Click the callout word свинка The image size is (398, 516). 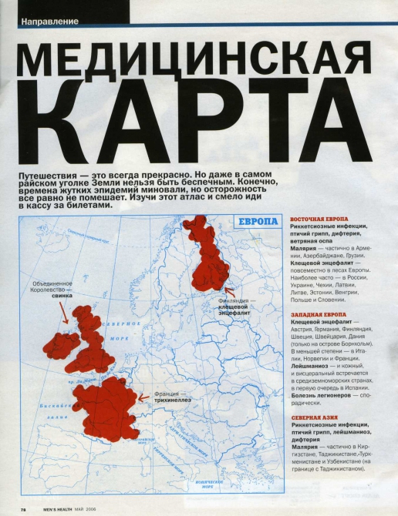61,296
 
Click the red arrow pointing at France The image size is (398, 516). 142,398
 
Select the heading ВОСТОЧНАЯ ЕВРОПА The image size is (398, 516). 319,219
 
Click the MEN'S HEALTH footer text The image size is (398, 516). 53,508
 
